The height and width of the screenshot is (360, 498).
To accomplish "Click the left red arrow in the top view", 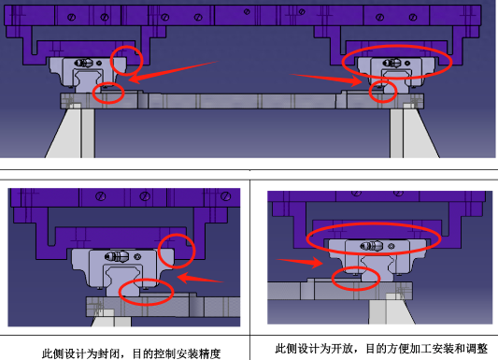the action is click(173, 72).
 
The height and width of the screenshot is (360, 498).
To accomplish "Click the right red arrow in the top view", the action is click(326, 79).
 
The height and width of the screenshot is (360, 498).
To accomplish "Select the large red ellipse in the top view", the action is click(397, 47).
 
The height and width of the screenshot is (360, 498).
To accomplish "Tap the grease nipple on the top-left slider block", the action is click(84, 63).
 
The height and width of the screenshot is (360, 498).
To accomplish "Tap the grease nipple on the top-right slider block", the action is click(391, 63).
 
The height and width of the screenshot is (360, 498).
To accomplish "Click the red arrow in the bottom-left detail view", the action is click(200, 278).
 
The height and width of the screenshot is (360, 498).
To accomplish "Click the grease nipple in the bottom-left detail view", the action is click(117, 256).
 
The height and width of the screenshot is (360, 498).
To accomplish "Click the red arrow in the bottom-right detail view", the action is click(300, 262).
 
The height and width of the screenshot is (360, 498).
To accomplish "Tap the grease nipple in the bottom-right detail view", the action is click(372, 246).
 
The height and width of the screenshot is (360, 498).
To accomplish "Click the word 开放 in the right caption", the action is click(342, 349).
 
